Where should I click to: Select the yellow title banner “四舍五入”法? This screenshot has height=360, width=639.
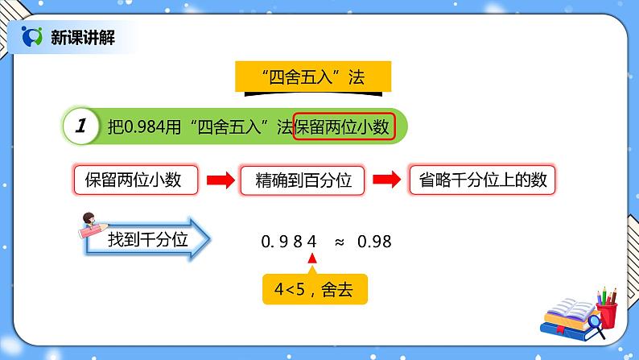tap(314, 78)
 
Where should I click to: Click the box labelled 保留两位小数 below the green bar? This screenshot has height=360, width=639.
tap(136, 180)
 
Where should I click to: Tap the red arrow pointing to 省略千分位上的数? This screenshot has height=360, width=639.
tap(385, 180)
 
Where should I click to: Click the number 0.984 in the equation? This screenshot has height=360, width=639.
tap(290, 240)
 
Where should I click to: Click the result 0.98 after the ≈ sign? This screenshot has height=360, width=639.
tap(374, 240)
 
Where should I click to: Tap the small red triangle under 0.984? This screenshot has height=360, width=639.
tap(313, 259)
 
